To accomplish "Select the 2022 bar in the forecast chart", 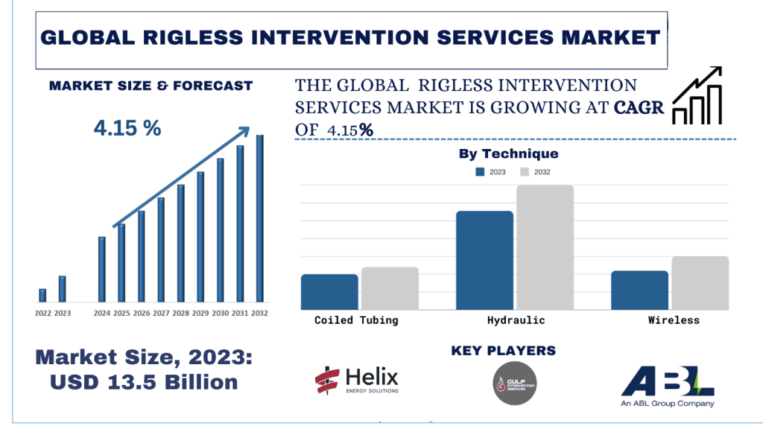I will pos(42,295).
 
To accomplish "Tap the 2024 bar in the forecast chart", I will pos(102,269).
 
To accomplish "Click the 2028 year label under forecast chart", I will pos(180,314).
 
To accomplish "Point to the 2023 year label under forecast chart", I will pos(63,314).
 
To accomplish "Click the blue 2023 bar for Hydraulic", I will pos(484,260).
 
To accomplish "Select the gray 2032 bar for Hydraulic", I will pos(545,247).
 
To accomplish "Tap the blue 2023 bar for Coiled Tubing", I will pos(329,292).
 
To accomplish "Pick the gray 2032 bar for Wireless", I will pos(700,283).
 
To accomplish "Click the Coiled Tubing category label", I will pos(356,320).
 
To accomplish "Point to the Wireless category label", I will pos(674,320).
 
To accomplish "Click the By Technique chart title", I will pos(507,154).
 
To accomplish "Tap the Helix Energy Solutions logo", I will pos(357,381).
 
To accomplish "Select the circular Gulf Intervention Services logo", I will pos(514,383).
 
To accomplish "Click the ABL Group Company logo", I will pos(668,386).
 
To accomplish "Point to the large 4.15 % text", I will pos(127,128).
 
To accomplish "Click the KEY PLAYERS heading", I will pos(504,350).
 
